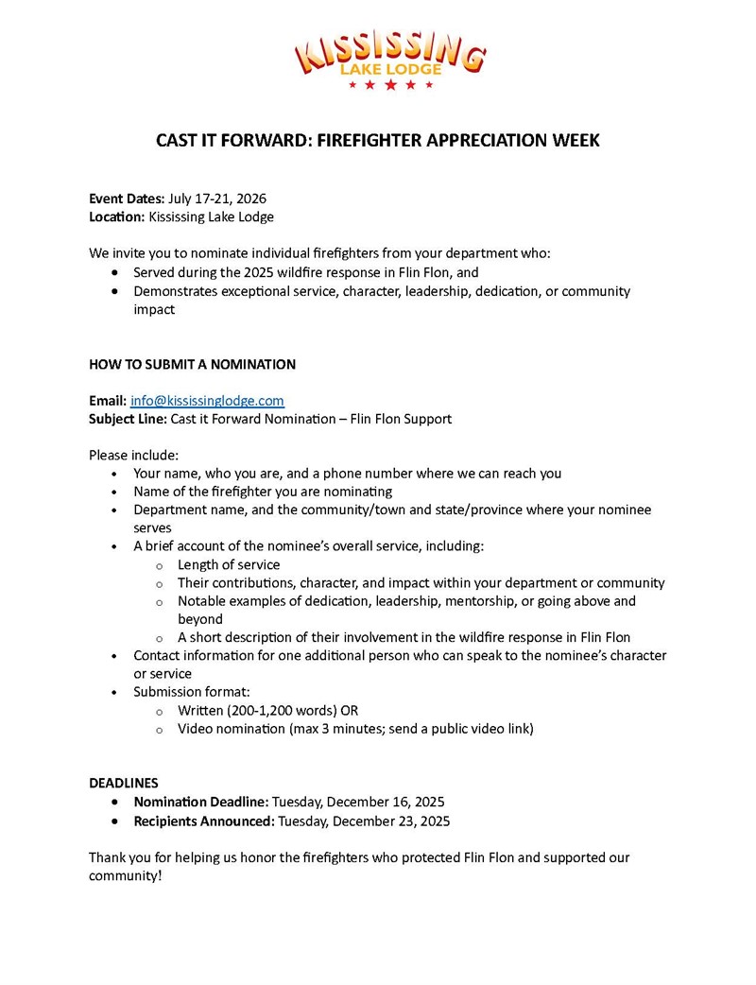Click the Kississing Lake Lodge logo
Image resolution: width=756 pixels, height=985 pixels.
[x=390, y=59]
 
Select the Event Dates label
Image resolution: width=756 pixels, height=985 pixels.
[x=127, y=199]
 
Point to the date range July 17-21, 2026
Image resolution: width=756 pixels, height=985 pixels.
[x=217, y=199]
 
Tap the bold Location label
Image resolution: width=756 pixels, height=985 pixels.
[x=117, y=216]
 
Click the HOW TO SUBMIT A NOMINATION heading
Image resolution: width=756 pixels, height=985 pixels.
[x=192, y=364]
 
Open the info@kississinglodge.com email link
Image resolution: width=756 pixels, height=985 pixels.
[x=207, y=401]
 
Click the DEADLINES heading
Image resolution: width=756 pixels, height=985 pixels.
[x=124, y=783]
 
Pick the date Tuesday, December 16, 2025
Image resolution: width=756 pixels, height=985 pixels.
[x=358, y=802]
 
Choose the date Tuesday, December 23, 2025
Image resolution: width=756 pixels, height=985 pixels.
[x=364, y=821]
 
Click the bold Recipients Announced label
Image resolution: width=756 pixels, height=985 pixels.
[x=204, y=821]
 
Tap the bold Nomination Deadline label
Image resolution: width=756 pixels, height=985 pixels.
[x=201, y=802]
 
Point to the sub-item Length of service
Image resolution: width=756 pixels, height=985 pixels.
[x=229, y=564]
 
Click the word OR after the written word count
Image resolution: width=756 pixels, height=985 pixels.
[x=349, y=710]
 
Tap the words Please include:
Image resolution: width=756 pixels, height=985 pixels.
[x=133, y=455]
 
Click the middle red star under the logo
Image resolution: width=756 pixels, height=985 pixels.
[x=390, y=85]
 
